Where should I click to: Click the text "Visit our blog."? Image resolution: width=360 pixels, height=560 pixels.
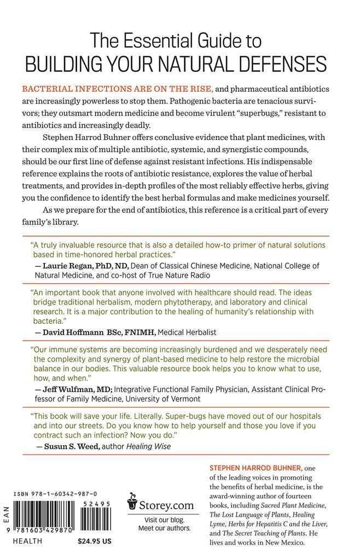click(x=164, y=519)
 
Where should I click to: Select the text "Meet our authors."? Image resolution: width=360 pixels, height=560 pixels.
click(x=164, y=528)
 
